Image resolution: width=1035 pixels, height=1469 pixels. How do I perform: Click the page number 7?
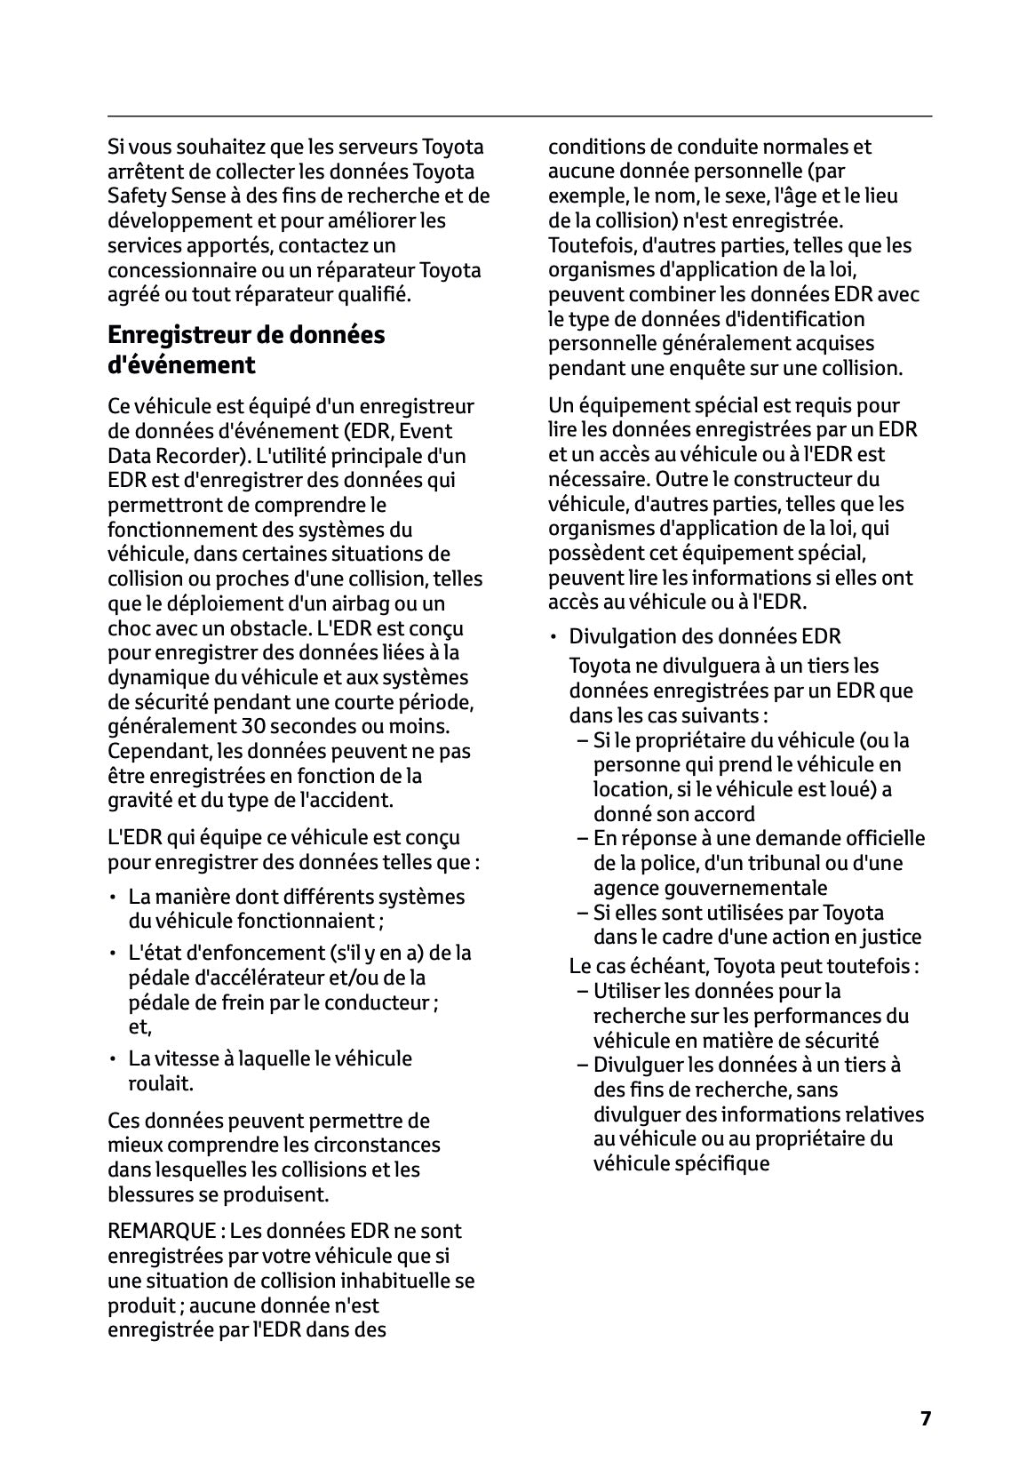[925, 1417]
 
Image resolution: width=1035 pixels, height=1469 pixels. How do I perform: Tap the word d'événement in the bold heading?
[181, 365]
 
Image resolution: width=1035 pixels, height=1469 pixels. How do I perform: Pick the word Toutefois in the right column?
[591, 245]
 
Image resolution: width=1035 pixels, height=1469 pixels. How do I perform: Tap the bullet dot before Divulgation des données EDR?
[553, 637]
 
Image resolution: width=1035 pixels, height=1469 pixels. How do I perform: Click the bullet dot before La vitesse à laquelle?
[113, 1059]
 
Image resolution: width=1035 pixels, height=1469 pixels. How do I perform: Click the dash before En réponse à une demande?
[582, 839]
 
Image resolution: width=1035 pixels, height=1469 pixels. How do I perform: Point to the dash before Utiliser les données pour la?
[582, 991]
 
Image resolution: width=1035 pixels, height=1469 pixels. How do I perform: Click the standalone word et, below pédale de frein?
[139, 1028]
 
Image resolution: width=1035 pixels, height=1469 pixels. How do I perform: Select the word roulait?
[161, 1083]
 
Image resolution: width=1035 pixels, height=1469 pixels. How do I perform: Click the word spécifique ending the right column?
[727, 1163]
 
